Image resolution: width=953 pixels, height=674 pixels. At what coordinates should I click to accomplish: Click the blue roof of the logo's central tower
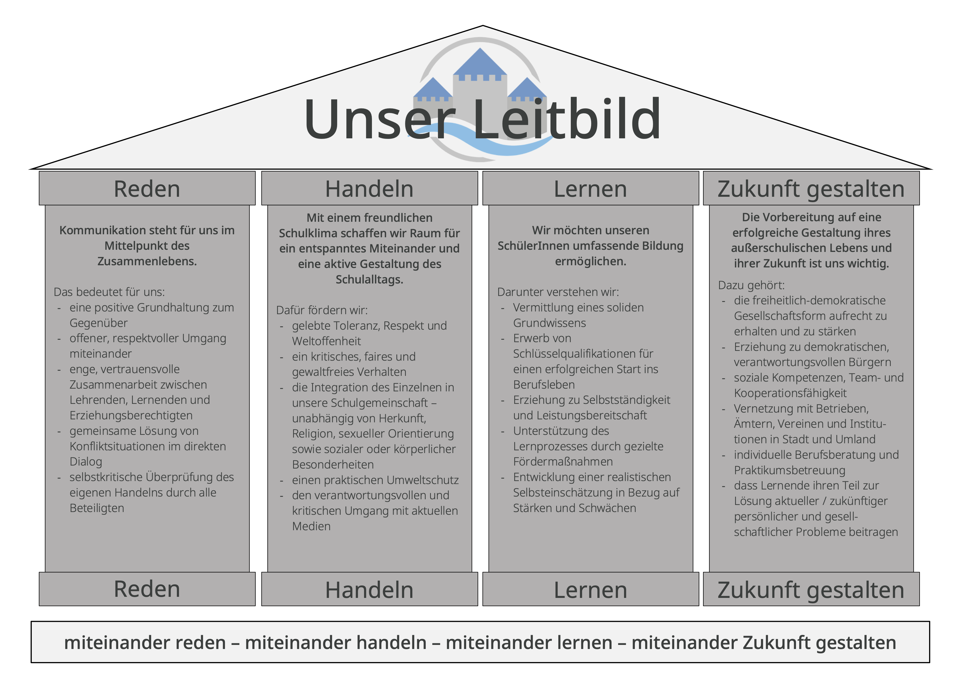coord(480,61)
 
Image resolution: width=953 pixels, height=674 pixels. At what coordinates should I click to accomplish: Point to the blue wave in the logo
coord(481,139)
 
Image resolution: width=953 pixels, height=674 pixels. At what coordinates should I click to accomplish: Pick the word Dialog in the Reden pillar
coord(86,462)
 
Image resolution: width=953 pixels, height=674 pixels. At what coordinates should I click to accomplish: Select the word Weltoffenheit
coord(326,341)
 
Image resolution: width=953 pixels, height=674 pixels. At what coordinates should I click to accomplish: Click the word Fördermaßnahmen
coord(563,462)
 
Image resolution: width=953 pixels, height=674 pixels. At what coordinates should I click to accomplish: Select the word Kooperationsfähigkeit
coord(790,393)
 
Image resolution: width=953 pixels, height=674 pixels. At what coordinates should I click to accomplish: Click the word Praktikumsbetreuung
coord(789,470)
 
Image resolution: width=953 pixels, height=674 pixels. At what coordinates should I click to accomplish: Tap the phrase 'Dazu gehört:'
coord(751,285)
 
